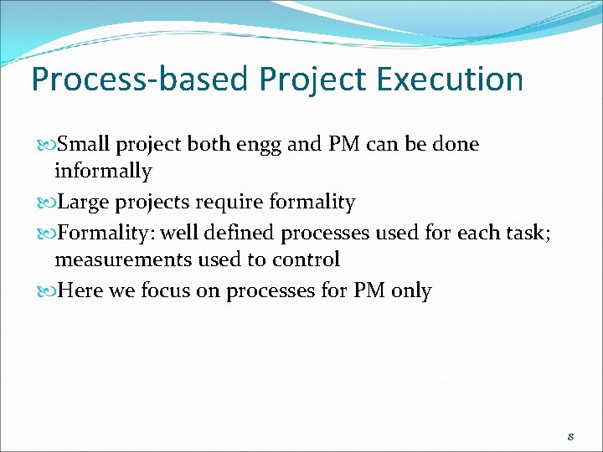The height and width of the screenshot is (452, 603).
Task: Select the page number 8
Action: (x=570, y=437)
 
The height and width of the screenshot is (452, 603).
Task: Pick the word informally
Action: (x=103, y=172)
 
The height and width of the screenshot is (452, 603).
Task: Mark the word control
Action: (x=306, y=260)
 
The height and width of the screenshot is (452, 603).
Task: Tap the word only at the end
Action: (x=410, y=291)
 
